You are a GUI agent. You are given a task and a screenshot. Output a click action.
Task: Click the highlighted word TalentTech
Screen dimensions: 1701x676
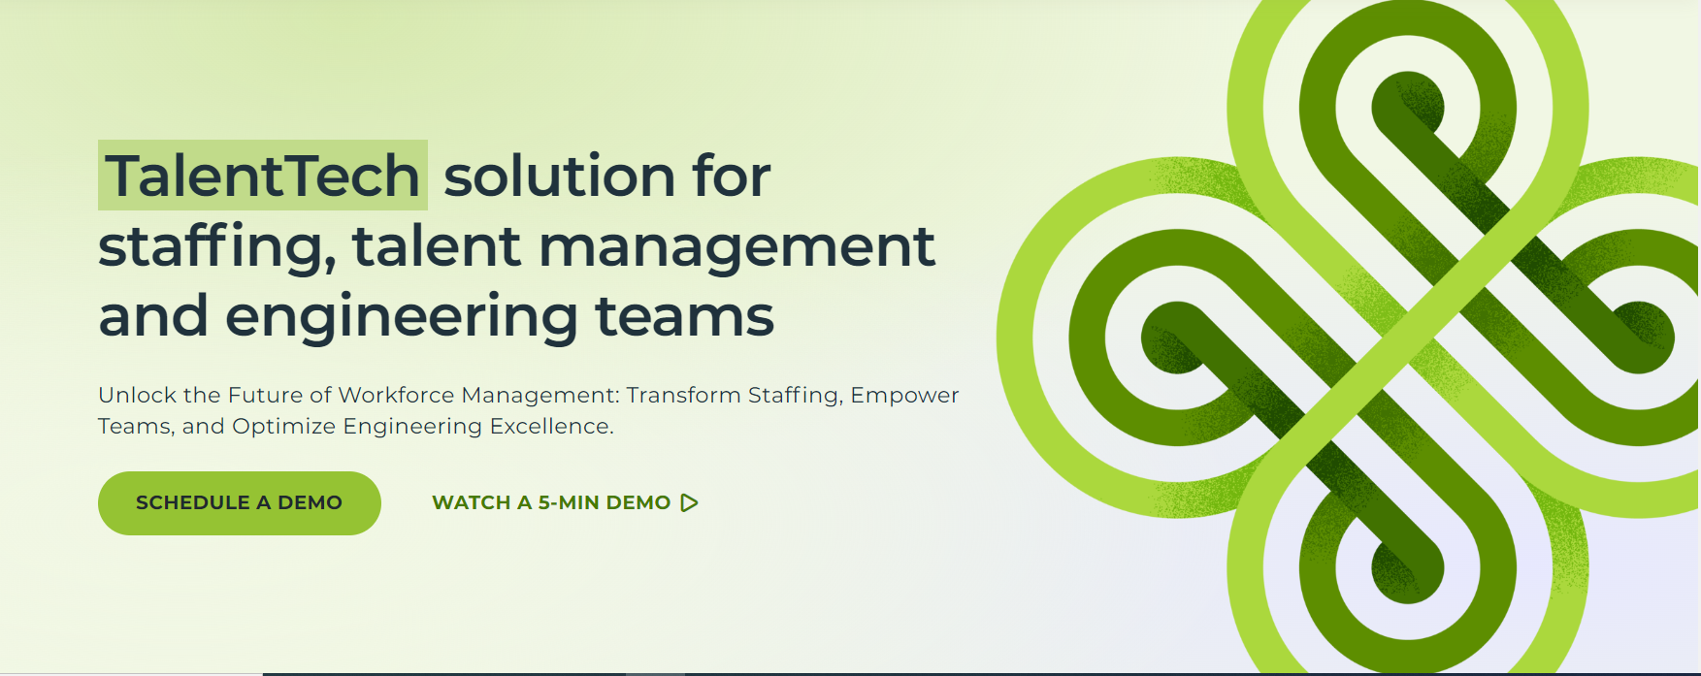click(x=263, y=176)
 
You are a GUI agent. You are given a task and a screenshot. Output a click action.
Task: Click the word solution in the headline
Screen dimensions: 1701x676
click(x=558, y=176)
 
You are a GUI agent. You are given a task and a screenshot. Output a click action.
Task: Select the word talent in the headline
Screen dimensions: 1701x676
click(x=437, y=245)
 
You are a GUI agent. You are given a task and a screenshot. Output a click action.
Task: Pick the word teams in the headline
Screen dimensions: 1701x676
click(x=684, y=316)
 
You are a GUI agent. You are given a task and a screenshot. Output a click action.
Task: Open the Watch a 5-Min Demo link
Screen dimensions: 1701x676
click(x=565, y=502)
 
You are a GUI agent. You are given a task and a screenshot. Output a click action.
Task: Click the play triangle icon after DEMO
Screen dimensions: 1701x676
click(x=689, y=502)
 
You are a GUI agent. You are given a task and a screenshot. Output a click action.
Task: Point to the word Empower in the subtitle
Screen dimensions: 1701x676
click(x=904, y=396)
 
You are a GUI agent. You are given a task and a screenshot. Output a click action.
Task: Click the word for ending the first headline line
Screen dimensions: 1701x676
click(x=731, y=176)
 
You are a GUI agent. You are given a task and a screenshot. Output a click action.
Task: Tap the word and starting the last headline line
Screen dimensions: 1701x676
click(x=153, y=316)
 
